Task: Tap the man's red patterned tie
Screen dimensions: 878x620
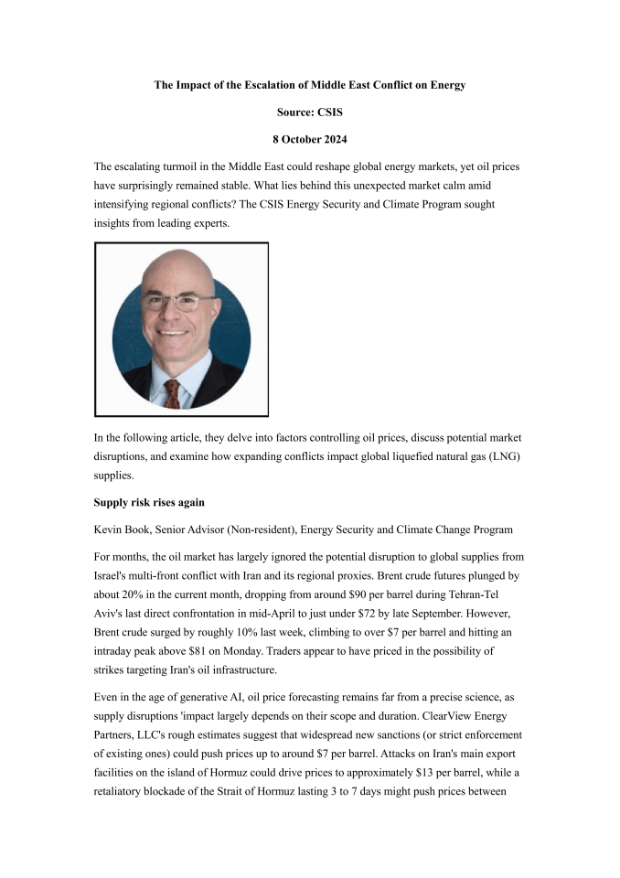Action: tap(171, 392)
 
